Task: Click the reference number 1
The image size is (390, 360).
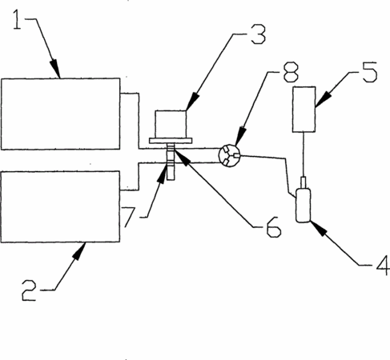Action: [x=18, y=19]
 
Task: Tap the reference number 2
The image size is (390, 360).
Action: [x=29, y=290]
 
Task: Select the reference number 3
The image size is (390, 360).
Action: [x=259, y=34]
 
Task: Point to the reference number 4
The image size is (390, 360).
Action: [x=383, y=265]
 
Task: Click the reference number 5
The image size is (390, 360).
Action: [x=370, y=72]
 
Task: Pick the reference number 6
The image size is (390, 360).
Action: [x=274, y=227]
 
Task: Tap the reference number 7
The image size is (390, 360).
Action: [x=130, y=217]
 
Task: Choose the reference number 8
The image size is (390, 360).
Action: [x=291, y=72]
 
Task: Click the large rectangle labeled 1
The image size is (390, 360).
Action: [x=61, y=114]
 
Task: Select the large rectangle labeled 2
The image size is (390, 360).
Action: [x=61, y=207]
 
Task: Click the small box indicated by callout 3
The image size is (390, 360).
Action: [x=171, y=124]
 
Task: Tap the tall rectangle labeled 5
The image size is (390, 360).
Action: [x=304, y=110]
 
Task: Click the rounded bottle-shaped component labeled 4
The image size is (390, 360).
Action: [x=304, y=206]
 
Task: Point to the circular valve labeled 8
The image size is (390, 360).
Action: [x=230, y=155]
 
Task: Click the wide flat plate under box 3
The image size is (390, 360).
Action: [x=171, y=141]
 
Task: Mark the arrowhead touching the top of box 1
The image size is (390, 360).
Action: [x=55, y=69]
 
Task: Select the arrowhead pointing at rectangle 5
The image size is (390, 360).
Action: [x=324, y=99]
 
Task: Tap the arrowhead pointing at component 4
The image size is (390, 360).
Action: [x=319, y=229]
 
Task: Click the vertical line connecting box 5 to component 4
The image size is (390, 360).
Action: [x=304, y=154]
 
